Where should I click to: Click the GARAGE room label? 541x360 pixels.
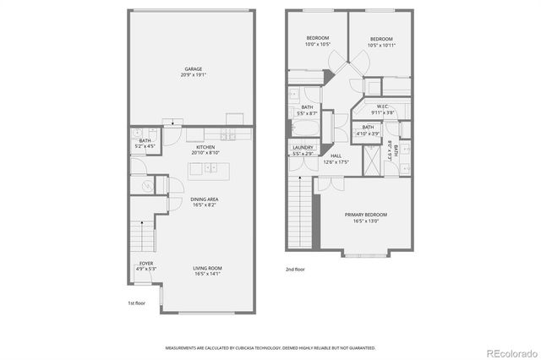point(194,68)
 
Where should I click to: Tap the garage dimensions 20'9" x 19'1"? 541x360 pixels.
point(194,75)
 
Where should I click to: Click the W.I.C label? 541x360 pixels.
point(382,106)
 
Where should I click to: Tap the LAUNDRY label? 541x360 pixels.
point(303,150)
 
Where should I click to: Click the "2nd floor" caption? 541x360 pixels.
point(296,270)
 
